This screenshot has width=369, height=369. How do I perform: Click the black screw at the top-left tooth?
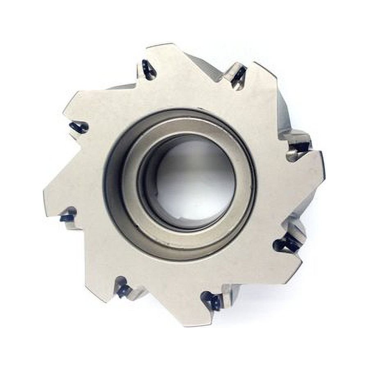tap(148, 70)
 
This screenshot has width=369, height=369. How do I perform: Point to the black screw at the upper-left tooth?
tap(79, 128)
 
